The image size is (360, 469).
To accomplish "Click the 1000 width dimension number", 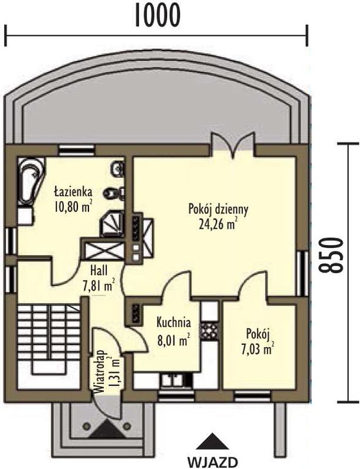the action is (x=158, y=16).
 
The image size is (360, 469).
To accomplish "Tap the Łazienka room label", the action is (x=73, y=192).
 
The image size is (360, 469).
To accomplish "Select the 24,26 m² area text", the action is (x=218, y=224).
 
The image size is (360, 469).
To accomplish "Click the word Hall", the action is (x=99, y=271).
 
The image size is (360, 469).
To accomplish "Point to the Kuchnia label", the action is (x=174, y=322).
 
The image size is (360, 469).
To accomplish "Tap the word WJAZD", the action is (x=213, y=461).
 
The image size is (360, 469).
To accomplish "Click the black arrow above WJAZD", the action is (x=212, y=441).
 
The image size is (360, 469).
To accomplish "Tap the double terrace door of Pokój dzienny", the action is (x=233, y=145).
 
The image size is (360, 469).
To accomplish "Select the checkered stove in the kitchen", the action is (x=210, y=332).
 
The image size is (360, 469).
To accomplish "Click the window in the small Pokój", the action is (x=253, y=396).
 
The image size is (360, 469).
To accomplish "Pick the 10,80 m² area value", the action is (x=73, y=206).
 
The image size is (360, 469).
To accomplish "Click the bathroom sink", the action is (x=118, y=169).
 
